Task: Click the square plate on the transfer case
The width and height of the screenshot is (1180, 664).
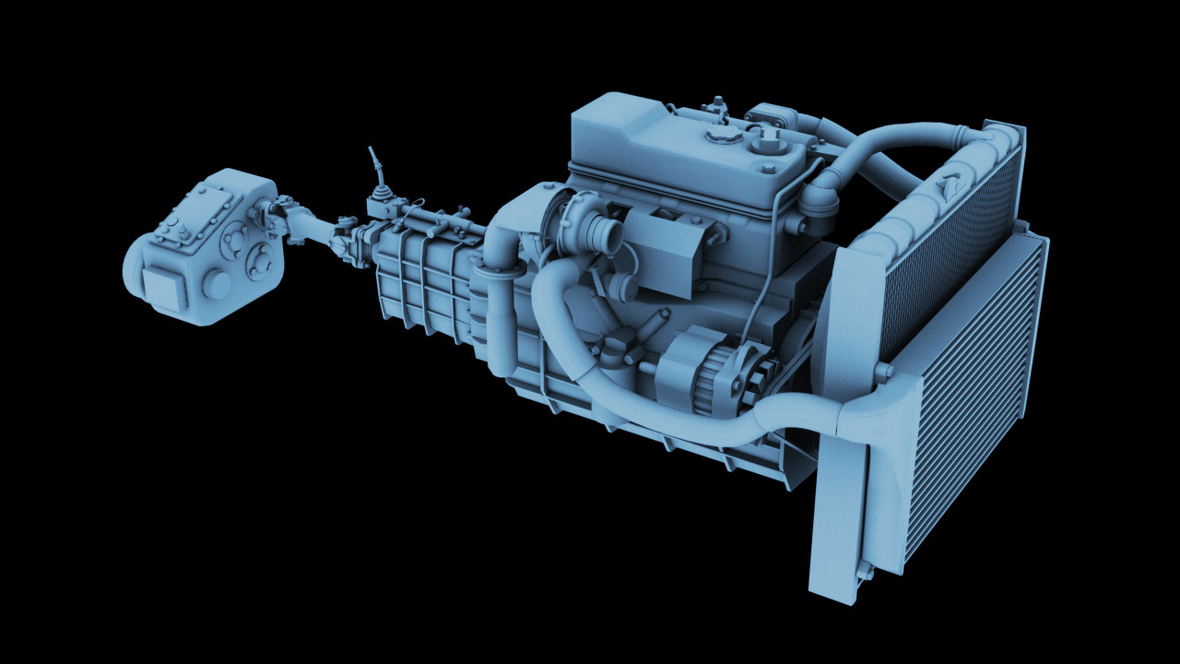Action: point(164,289)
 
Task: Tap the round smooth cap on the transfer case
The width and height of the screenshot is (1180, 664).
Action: point(217,284)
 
